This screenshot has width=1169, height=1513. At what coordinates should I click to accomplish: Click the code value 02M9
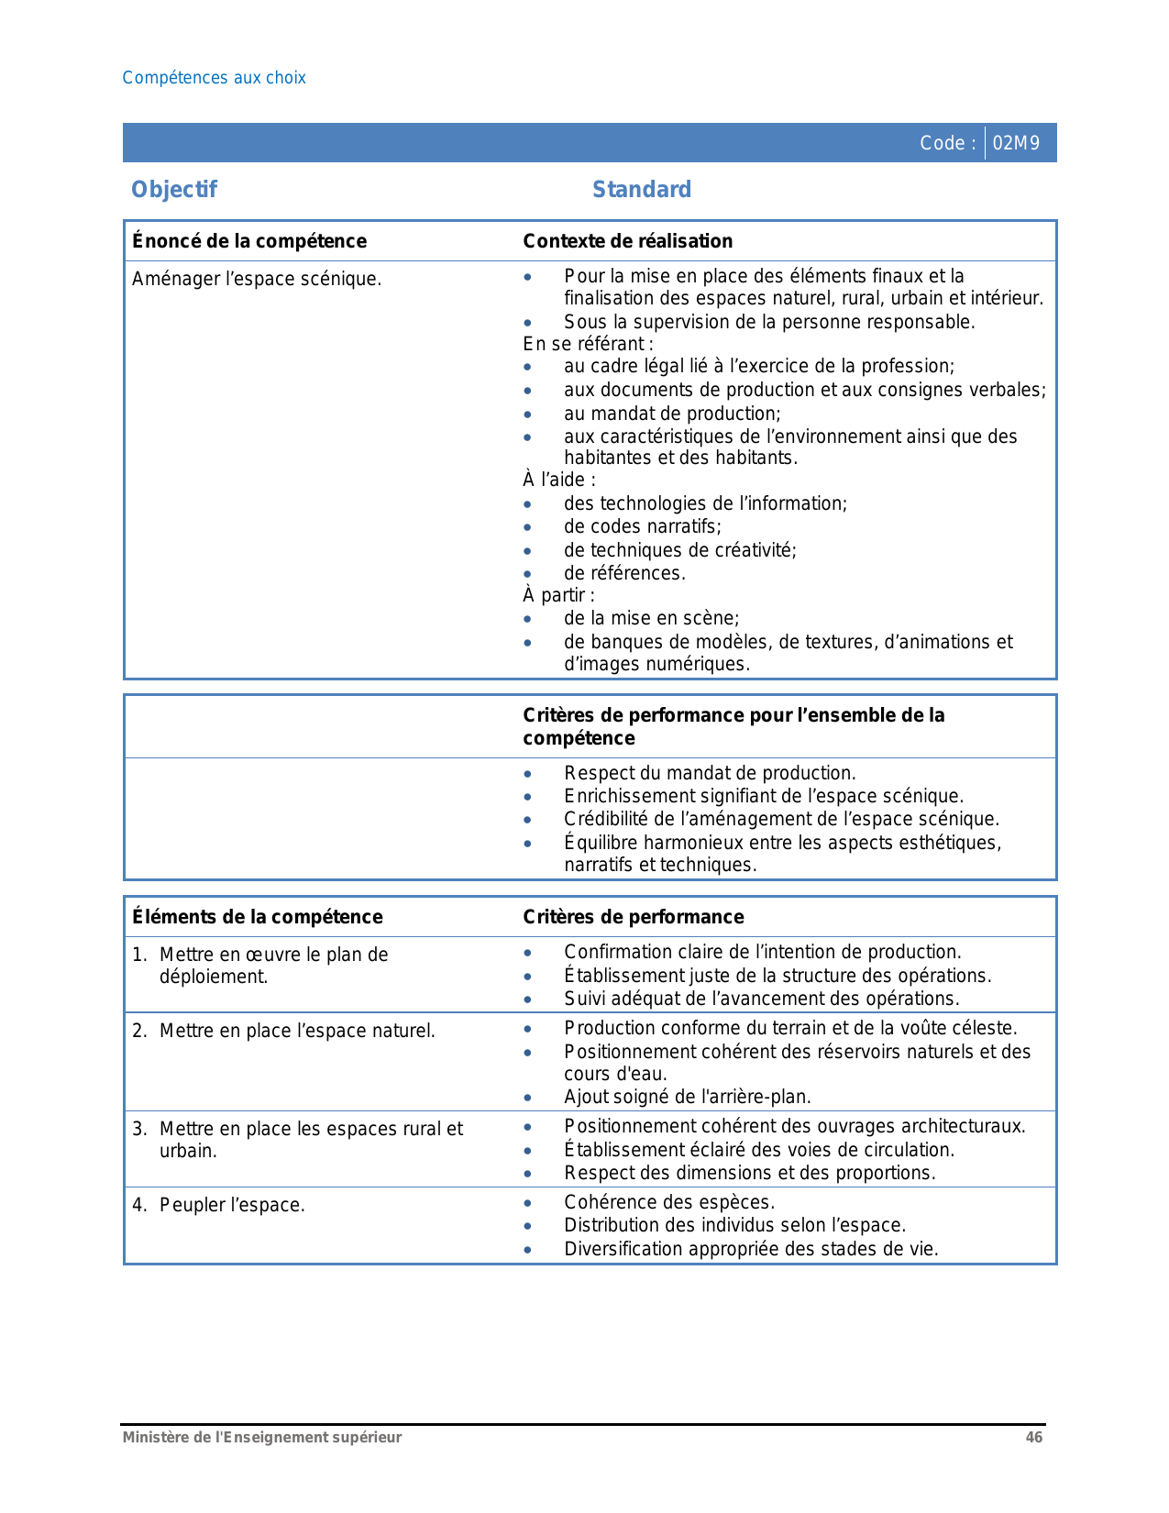pyautogui.click(x=1016, y=143)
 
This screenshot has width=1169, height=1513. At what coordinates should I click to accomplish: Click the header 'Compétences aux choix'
pyautogui.click(x=214, y=78)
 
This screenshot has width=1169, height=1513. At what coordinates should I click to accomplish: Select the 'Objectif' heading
pyautogui.click(x=174, y=190)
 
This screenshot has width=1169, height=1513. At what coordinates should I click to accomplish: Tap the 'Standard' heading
pyautogui.click(x=642, y=190)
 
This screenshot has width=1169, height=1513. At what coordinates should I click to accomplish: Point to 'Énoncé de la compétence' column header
pyautogui.click(x=249, y=241)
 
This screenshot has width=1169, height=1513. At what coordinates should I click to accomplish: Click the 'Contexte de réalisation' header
pyautogui.click(x=627, y=241)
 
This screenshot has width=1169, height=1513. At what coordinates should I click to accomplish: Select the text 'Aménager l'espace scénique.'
pyautogui.click(x=257, y=279)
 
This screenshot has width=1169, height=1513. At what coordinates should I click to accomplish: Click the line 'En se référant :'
pyautogui.click(x=588, y=344)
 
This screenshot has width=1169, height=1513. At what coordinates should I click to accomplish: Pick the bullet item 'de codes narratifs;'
pyautogui.click(x=642, y=526)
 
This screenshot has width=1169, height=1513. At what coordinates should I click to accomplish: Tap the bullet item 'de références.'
pyautogui.click(x=624, y=573)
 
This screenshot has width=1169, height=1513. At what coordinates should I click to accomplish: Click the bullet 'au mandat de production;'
pyautogui.click(x=672, y=414)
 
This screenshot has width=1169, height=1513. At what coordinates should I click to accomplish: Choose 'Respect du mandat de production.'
pyautogui.click(x=710, y=773)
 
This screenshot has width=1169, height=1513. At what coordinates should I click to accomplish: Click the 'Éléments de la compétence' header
pyautogui.click(x=258, y=917)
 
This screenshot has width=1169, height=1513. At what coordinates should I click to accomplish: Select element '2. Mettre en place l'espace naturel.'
pyautogui.click(x=283, y=1031)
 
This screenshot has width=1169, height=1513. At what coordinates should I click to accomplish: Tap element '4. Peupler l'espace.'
pyautogui.click(x=218, y=1205)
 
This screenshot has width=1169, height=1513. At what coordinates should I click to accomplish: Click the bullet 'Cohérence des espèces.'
pyautogui.click(x=669, y=1202)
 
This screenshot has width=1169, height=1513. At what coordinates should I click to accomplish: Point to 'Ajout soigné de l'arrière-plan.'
pyautogui.click(x=688, y=1097)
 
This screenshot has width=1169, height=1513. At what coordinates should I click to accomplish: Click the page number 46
pyautogui.click(x=1033, y=1438)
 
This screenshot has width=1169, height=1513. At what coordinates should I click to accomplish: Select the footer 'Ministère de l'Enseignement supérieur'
pyautogui.click(x=262, y=1438)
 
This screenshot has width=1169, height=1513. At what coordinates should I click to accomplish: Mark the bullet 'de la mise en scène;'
pyautogui.click(x=651, y=618)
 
